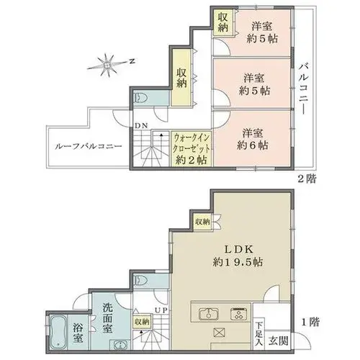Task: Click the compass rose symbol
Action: [x=107, y=65]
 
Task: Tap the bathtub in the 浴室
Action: [x=58, y=332]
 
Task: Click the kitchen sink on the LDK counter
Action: [x=209, y=314]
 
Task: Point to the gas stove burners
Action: [x=239, y=314]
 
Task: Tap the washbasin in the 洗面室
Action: [x=120, y=345]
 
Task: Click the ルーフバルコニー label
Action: [x=89, y=146]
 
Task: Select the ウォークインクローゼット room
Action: [x=192, y=148]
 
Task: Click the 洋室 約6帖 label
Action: [x=253, y=139]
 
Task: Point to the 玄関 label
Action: [x=279, y=341]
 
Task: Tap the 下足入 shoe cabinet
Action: [x=258, y=334]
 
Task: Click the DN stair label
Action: [x=141, y=125]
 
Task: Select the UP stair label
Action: [x=161, y=310]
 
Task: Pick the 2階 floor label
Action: [x=307, y=179]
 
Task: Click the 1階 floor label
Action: [x=310, y=322]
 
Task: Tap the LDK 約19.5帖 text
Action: [x=238, y=256]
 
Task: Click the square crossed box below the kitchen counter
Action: [x=219, y=333]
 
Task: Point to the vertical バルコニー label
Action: [x=304, y=89]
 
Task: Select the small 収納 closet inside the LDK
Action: [x=203, y=222]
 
